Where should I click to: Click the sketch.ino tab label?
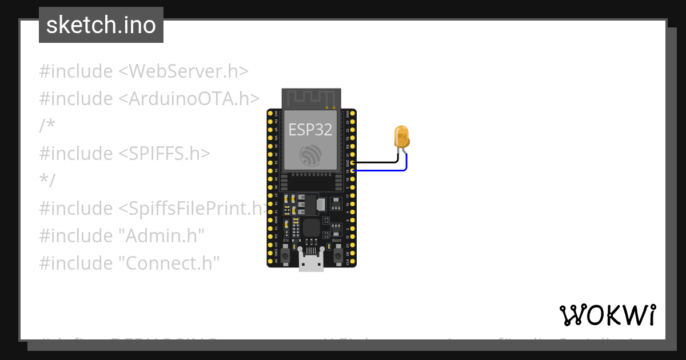(x=101, y=25)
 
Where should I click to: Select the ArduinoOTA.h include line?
(x=149, y=98)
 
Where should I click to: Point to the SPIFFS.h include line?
(x=125, y=153)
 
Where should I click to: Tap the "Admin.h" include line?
(x=122, y=235)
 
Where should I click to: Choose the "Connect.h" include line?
(x=130, y=263)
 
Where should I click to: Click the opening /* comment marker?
(x=47, y=126)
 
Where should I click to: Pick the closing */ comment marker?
(x=47, y=181)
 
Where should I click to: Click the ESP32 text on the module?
(x=310, y=130)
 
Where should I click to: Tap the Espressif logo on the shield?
(x=311, y=156)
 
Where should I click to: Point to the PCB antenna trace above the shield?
(x=311, y=98)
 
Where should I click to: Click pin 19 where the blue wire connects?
(x=353, y=170)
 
